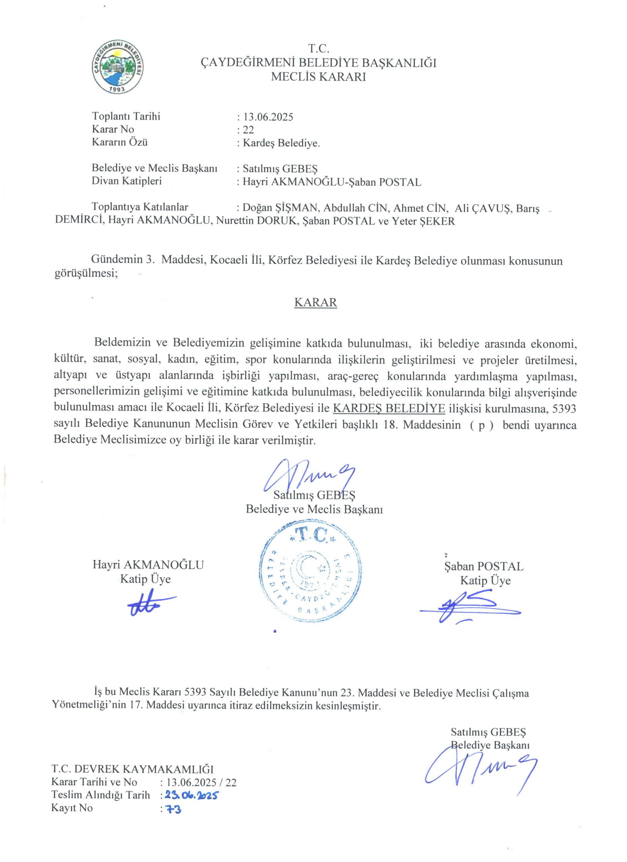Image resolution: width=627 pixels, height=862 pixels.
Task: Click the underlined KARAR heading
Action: coord(316,302)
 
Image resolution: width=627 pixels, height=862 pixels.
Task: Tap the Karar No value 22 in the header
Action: coord(248,130)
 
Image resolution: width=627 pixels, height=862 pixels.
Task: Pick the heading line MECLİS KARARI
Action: coord(318,77)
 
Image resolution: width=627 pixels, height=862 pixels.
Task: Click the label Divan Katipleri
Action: coord(127,181)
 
